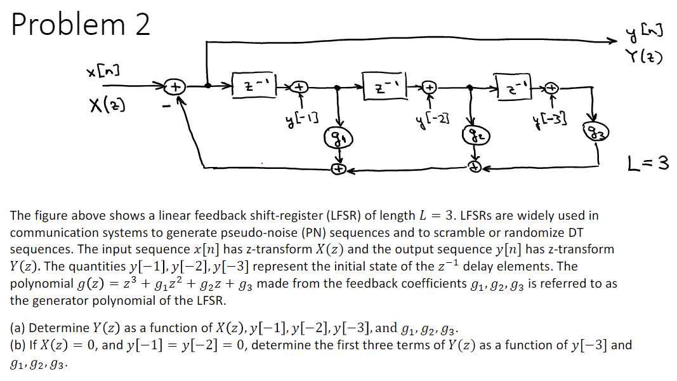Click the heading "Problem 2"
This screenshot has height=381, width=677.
coord(81,25)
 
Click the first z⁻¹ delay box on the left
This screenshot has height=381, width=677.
coord(254,85)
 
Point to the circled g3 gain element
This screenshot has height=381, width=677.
coord(596,131)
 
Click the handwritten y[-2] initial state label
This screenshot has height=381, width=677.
coord(430,120)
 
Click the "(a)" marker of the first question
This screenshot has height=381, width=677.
coord(18,328)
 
